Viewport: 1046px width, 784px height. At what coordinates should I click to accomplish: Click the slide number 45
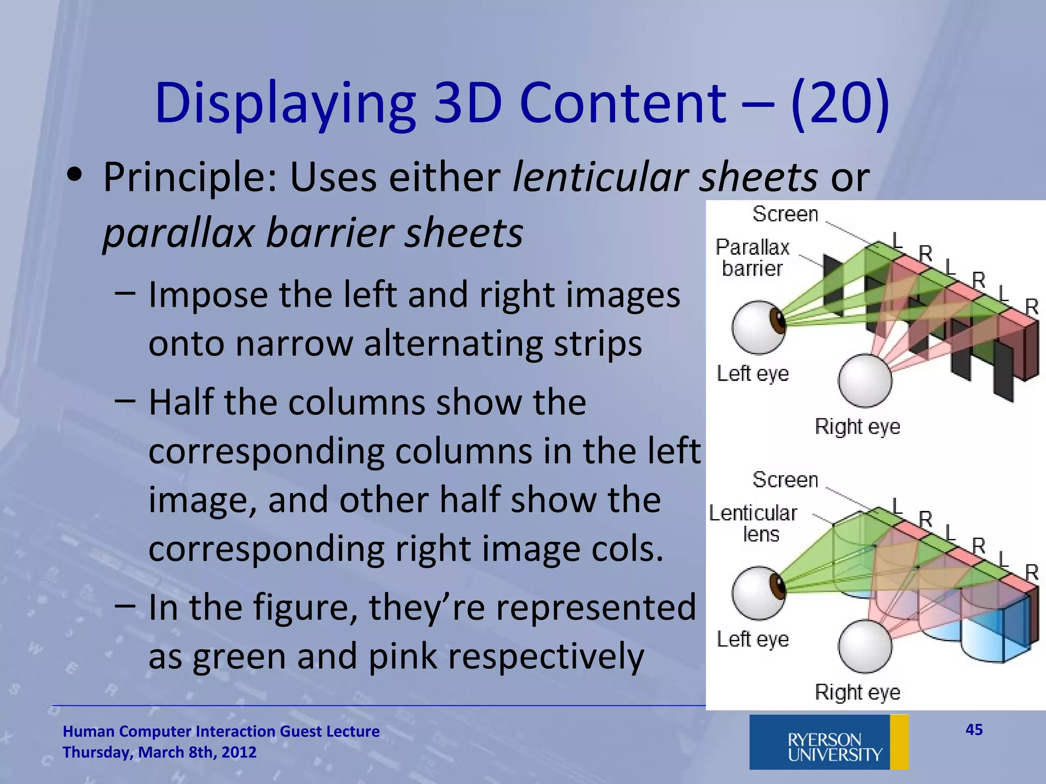pos(974,729)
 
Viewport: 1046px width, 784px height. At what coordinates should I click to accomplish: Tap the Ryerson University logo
pos(828,742)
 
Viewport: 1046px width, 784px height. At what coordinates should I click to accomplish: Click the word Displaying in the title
pos(285,105)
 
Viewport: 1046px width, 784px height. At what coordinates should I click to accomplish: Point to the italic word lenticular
pos(600,178)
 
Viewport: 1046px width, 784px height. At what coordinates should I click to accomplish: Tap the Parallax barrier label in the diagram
pos(752,258)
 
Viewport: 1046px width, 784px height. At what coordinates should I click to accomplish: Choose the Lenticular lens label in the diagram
pos(753,524)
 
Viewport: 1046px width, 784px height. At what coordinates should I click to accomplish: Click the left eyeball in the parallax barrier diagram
pos(758,327)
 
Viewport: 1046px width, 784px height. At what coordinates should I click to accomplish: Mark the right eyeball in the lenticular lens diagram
pos(865,646)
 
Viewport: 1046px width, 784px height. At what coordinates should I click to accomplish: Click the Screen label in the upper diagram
pos(785,214)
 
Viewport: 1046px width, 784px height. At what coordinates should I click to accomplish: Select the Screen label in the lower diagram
pos(785,480)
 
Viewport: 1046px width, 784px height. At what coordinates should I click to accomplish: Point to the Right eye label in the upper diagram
pos(857,426)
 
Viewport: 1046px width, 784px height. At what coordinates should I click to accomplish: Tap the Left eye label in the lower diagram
pos(752,639)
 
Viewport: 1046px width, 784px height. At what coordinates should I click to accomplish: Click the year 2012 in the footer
pos(239,752)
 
